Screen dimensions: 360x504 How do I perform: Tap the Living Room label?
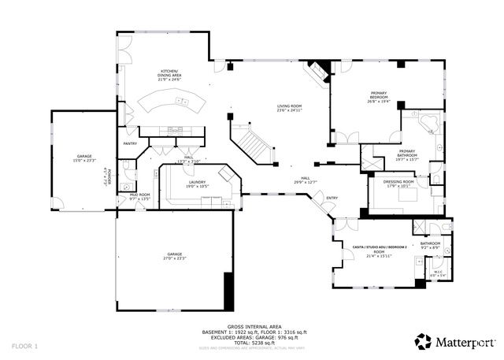(x=289, y=108)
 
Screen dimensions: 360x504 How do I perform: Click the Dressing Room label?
(x=398, y=184)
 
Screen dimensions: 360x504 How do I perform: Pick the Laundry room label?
(x=175, y=184)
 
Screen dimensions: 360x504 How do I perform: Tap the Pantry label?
(x=130, y=143)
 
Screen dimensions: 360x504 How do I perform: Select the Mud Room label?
(x=139, y=197)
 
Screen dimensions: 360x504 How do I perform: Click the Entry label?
(x=332, y=198)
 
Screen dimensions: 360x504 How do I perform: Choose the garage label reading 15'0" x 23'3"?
(x=84, y=158)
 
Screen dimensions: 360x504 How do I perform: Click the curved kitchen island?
(x=172, y=102)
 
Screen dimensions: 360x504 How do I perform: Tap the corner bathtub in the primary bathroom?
(x=429, y=122)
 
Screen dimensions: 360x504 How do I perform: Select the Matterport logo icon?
(x=424, y=340)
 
